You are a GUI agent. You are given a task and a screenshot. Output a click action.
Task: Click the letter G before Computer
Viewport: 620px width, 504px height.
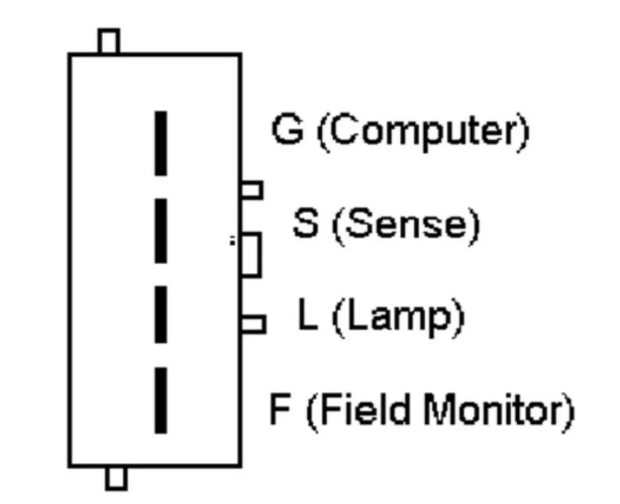coord(288,129)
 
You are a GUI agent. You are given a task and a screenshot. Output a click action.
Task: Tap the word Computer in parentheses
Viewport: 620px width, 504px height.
coord(424,131)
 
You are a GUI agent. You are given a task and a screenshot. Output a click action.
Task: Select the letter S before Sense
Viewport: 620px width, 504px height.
coord(305,223)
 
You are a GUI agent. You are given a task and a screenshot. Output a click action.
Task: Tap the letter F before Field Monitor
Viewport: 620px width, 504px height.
coord(279,409)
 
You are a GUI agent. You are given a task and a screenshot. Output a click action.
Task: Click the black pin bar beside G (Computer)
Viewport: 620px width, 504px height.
coord(160,143)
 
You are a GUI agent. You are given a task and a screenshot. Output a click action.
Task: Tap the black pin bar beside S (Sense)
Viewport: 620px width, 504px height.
coord(160,231)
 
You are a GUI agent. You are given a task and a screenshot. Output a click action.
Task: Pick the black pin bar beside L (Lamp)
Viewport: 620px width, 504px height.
coord(160,315)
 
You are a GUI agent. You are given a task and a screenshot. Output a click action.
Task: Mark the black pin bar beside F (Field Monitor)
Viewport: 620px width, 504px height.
coord(160,401)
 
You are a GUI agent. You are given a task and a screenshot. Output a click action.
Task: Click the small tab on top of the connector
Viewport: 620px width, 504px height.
coord(109,41)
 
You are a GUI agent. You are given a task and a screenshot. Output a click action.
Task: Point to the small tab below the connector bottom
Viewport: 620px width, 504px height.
coord(116,478)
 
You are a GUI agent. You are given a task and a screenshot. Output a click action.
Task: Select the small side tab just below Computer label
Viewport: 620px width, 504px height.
coord(252,189)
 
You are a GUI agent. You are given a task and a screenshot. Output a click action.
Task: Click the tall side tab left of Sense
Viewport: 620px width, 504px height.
coord(251,255)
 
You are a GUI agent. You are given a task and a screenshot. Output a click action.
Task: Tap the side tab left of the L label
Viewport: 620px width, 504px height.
coord(253,324)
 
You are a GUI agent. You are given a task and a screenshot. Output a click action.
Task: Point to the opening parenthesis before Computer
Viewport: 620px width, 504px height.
coord(323,133)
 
